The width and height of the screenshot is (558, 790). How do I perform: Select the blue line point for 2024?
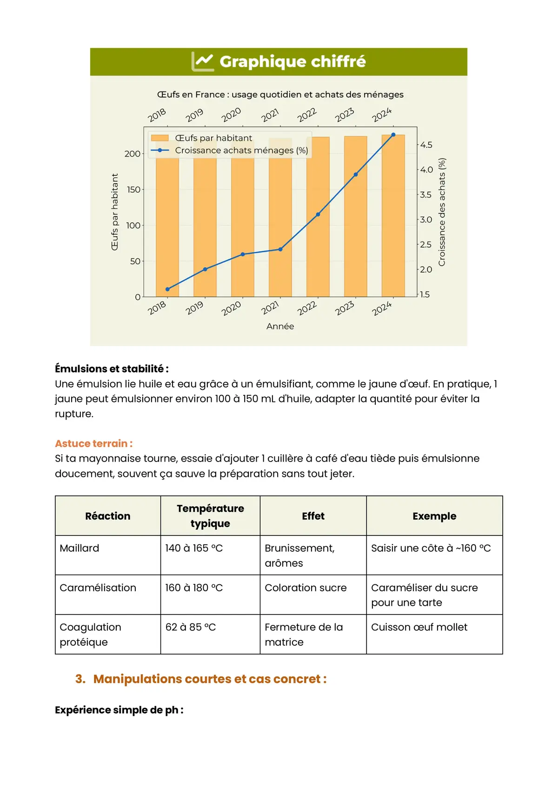(x=393, y=135)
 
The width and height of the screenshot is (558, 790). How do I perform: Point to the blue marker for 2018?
(x=167, y=289)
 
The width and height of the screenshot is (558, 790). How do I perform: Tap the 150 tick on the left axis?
(x=133, y=189)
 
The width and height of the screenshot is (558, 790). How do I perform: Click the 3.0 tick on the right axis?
(x=426, y=220)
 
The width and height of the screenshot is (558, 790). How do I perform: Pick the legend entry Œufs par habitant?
(x=213, y=138)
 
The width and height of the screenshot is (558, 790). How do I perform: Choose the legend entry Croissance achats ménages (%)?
(x=241, y=150)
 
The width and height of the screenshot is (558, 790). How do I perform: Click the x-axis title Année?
(x=280, y=326)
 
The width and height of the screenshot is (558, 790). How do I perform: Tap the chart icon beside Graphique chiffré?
(x=203, y=61)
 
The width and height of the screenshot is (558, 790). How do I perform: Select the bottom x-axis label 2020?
(x=231, y=308)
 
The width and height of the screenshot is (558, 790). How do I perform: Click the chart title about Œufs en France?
(x=280, y=94)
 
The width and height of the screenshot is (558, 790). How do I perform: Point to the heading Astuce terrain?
(x=93, y=443)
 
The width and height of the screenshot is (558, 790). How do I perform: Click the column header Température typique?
(x=210, y=516)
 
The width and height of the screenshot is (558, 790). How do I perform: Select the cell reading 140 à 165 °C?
(x=194, y=548)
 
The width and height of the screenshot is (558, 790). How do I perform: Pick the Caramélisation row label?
(x=98, y=588)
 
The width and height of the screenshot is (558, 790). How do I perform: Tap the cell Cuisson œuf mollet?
(x=419, y=627)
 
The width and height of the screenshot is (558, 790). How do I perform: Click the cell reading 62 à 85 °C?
(x=191, y=627)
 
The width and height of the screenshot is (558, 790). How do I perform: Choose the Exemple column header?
(x=434, y=516)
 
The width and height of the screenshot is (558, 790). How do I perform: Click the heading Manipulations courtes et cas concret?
(x=210, y=679)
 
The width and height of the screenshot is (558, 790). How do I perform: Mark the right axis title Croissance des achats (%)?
(x=442, y=212)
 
